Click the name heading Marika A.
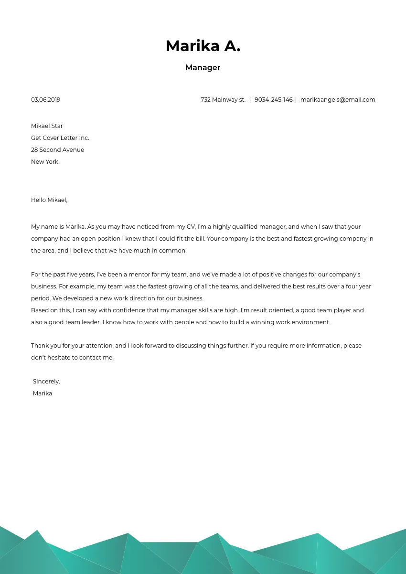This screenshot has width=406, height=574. coord(203,46)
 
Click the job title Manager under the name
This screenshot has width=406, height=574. coord(203,68)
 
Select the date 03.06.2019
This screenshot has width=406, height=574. coord(45,100)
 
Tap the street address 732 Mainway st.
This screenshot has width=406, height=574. coord(223,100)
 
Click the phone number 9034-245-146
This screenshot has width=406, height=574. coord(273,100)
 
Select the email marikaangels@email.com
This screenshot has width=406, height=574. coord(337,100)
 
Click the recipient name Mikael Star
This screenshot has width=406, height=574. coord(47,126)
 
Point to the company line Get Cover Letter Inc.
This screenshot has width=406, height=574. coord(60,138)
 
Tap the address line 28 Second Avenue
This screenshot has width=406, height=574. coord(57,150)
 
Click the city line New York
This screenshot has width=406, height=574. coord(44,162)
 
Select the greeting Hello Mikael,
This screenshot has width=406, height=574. coord(49,200)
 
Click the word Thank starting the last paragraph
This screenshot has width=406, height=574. coord(40,346)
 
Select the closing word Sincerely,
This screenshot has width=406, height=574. coord(46,382)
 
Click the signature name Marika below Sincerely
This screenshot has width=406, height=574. coord(43,393)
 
